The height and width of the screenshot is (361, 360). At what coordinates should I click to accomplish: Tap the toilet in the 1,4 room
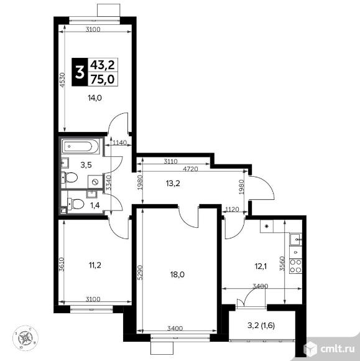[x=75, y=204]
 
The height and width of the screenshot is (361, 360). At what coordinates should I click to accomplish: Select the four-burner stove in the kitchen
[x=295, y=266]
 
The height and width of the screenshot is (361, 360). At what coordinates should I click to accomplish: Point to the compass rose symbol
[x=25, y=338]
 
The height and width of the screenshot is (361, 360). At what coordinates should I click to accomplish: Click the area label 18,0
[x=177, y=274]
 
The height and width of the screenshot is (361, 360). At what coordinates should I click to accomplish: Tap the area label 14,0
[x=95, y=98]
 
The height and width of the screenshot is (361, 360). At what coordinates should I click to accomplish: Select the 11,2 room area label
[x=95, y=265]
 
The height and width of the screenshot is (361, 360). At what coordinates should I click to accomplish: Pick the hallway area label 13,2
[x=173, y=184]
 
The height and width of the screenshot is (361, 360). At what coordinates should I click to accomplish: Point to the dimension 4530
[x=63, y=80]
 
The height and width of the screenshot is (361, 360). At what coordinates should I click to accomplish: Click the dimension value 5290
[x=140, y=273]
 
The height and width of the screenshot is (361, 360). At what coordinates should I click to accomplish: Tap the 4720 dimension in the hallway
[x=190, y=169]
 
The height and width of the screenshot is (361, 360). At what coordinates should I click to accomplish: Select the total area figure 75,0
[x=103, y=80]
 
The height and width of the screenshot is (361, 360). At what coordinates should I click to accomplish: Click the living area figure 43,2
[x=103, y=65]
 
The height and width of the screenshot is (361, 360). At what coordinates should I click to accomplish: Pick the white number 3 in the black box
[x=80, y=72]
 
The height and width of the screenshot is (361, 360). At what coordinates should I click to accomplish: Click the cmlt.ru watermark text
[x=337, y=349]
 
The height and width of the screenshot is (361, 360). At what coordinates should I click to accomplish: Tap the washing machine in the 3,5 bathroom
[x=95, y=182]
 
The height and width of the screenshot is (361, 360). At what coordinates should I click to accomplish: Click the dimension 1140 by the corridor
[x=120, y=143]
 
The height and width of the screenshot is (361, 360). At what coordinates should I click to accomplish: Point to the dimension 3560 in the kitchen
[x=282, y=264]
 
